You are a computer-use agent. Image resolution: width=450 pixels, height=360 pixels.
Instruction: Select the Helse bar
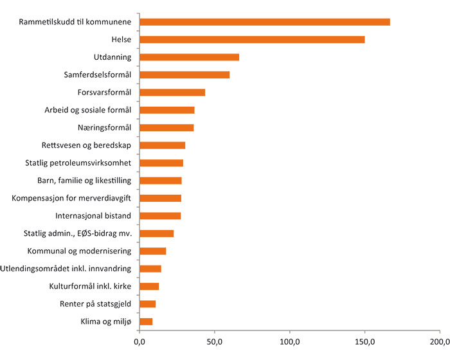[252, 39]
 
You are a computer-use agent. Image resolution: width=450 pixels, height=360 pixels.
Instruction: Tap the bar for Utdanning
[189, 57]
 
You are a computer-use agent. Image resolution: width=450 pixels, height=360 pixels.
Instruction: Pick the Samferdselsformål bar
[184, 75]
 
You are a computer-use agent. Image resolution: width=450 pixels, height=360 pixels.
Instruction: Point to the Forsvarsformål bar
[172, 93]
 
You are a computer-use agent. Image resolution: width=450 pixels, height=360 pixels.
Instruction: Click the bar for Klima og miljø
[146, 321]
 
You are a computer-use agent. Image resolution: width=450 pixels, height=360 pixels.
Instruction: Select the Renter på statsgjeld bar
[147, 303]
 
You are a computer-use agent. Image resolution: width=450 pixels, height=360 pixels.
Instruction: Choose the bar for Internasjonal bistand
[160, 216]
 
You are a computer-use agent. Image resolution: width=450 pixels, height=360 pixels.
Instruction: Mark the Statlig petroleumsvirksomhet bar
[161, 163]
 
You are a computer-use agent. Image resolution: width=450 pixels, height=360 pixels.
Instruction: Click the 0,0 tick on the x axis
[139, 341]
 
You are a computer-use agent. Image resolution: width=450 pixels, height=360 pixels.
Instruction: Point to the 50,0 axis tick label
[215, 341]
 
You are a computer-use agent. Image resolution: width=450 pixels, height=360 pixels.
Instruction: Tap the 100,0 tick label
[290, 341]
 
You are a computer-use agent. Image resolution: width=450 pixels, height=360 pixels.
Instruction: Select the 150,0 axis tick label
[365, 341]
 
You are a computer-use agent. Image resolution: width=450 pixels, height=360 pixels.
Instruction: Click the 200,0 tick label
[440, 341]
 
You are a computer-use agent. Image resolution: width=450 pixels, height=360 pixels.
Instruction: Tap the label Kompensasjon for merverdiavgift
[72, 198]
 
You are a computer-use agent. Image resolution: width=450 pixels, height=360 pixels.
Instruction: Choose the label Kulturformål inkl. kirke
[91, 286]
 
